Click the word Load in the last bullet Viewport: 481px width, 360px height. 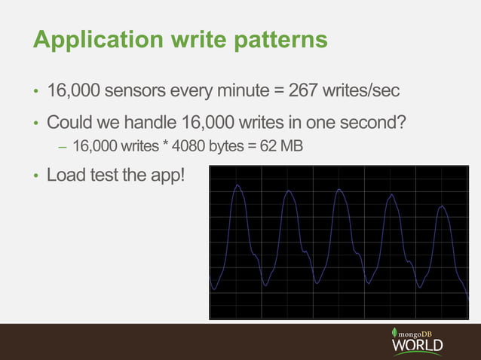coord(66,176)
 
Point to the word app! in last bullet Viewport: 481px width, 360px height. coord(166,176)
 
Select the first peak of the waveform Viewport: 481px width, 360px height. coord(237,186)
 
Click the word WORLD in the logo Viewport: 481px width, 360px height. coord(417,346)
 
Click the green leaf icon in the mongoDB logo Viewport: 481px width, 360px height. coord(394,333)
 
